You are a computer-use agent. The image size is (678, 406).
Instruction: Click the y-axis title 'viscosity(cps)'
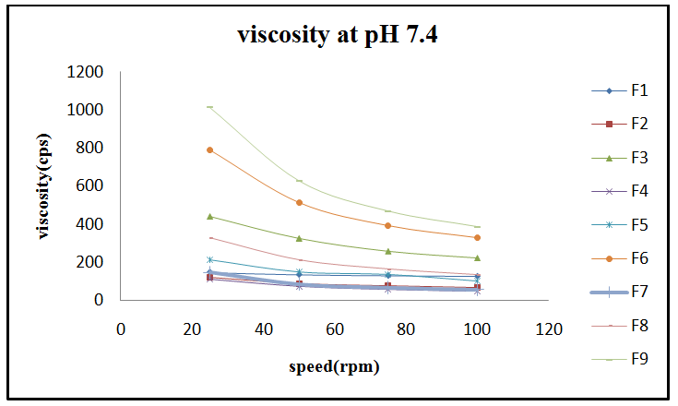click(x=43, y=186)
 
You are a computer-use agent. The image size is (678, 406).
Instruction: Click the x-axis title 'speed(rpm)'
click(x=334, y=366)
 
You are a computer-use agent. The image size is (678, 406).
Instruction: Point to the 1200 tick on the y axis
click(x=86, y=72)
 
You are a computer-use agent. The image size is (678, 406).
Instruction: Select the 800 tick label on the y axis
click(x=89, y=148)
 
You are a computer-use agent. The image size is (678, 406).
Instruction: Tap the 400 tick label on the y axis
click(x=89, y=224)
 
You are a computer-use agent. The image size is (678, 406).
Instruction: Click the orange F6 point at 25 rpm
click(x=209, y=149)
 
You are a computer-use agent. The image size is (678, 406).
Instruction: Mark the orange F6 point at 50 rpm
click(x=299, y=202)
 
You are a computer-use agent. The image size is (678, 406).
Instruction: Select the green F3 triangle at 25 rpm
click(x=209, y=216)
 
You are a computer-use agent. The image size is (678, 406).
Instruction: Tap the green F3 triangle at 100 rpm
click(x=477, y=257)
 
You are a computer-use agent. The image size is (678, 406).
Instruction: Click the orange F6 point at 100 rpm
click(x=477, y=237)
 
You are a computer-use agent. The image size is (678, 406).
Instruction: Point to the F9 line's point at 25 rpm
click(x=209, y=107)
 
